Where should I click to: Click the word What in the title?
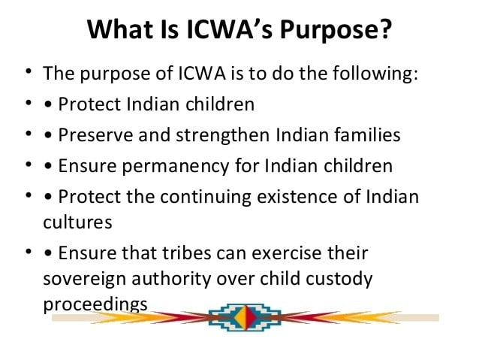[119, 31]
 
